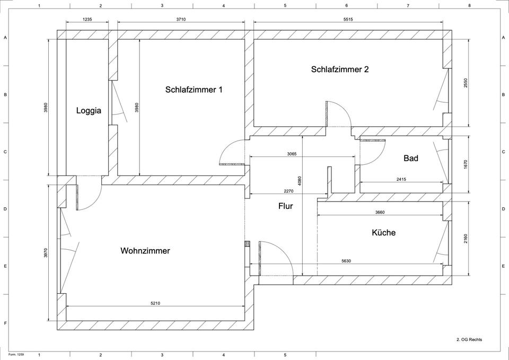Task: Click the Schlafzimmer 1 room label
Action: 194,90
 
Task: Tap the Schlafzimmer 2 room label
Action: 340,69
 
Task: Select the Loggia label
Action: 89,111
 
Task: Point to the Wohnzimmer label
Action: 145,251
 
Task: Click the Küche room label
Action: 383,232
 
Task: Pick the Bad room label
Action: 410,158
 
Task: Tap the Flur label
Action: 285,206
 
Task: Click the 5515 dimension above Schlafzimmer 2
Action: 348,19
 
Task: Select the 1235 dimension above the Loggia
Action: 87,19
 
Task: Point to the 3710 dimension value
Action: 181,19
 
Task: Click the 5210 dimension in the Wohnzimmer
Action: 155,303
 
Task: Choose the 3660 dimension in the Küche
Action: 380,212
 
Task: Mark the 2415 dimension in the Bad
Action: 401,180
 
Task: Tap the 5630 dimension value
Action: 346,261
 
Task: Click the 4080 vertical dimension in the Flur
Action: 300,181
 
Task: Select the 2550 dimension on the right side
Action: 466,83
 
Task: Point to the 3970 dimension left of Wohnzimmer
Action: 46,253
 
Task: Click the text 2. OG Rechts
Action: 469,339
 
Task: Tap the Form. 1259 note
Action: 16,354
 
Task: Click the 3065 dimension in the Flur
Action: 292,154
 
